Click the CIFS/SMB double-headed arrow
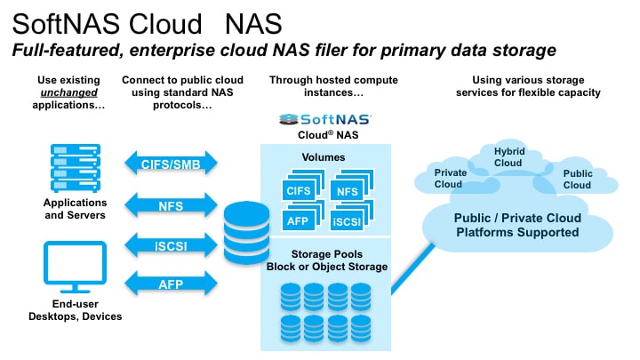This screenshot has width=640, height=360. pyautogui.click(x=171, y=164)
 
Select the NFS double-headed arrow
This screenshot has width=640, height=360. pyautogui.click(x=171, y=205)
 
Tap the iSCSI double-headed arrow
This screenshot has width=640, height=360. pyautogui.click(x=171, y=245)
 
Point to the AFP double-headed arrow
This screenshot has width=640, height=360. pyautogui.click(x=171, y=284)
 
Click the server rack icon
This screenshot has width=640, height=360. pyautogui.click(x=76, y=168)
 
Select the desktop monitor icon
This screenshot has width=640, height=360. pyautogui.click(x=75, y=267)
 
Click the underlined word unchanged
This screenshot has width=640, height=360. pyautogui.click(x=69, y=92)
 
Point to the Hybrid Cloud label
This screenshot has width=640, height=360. pyautogui.click(x=508, y=157)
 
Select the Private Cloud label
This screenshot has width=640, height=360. pyautogui.click(x=450, y=179)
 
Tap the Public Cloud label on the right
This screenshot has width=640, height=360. pyautogui.click(x=578, y=180)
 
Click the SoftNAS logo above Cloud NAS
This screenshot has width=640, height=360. pyautogui.click(x=325, y=119)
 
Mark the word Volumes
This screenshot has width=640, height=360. pyautogui.click(x=324, y=157)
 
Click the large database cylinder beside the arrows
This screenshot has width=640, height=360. pyautogui.click(x=246, y=233)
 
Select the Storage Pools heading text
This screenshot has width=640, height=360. pyautogui.click(x=327, y=254)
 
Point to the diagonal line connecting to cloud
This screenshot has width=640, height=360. pyautogui.click(x=412, y=269)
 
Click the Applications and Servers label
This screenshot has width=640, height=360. pyautogui.click(x=75, y=209)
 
